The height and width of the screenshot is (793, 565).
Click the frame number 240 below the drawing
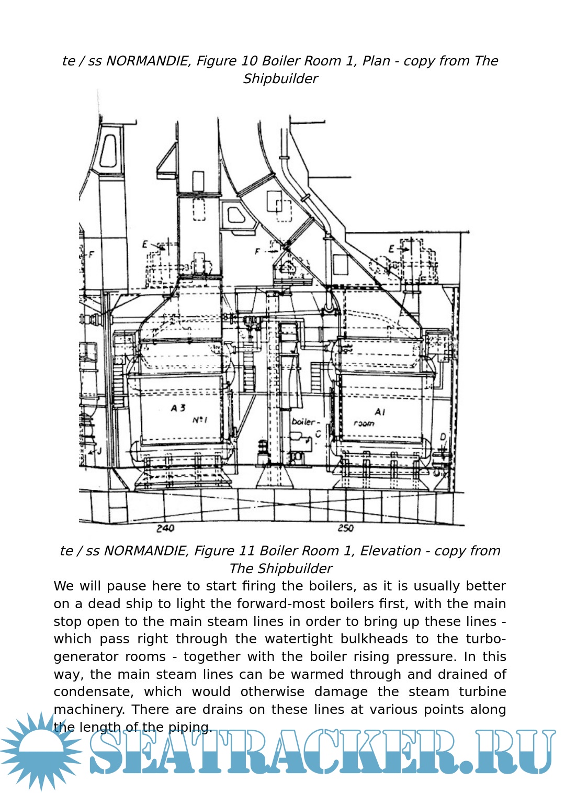click(x=165, y=528)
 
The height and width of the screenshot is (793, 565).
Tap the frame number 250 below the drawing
click(x=345, y=528)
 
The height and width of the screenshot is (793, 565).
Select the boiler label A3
click(x=178, y=408)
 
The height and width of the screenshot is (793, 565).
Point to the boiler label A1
click(x=380, y=412)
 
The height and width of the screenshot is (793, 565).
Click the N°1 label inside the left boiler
click(x=200, y=420)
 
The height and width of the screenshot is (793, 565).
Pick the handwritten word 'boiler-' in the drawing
click(x=304, y=422)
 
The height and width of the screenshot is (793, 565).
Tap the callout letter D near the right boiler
click(x=443, y=437)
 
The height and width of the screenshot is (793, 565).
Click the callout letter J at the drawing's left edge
click(x=99, y=450)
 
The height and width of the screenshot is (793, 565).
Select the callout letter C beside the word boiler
click(x=318, y=434)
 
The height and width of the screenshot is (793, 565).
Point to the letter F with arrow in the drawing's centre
click(x=257, y=252)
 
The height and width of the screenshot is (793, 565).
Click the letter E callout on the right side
click(x=391, y=249)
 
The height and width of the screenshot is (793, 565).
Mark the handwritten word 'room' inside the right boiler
click(x=364, y=423)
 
